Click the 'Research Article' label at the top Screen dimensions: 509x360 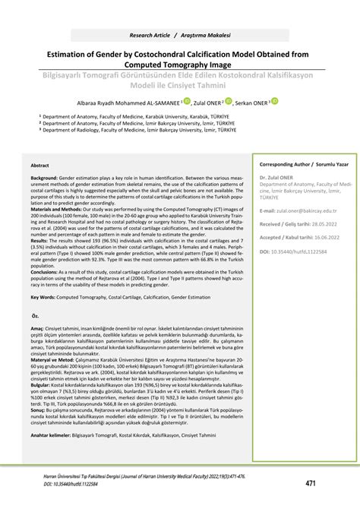tap(150, 36)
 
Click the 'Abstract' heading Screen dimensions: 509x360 tap(40, 165)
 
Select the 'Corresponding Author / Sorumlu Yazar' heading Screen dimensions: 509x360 tap(297, 164)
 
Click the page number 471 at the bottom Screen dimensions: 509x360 tap(311, 484)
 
